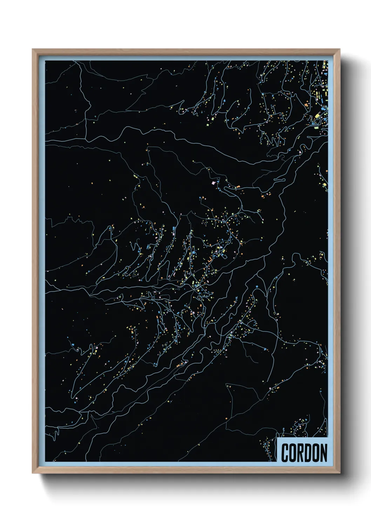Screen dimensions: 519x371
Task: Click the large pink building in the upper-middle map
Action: [214, 183]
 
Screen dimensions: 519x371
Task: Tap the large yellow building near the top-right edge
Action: [317, 116]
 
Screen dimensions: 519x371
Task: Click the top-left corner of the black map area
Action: [46, 61]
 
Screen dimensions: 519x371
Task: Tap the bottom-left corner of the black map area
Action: [46, 461]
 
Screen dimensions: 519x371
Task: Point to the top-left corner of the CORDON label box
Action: [277, 438]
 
